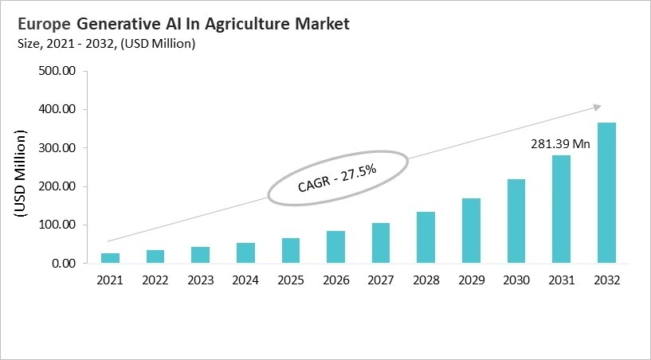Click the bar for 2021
pyautogui.click(x=110, y=258)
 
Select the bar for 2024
pyautogui.click(x=246, y=253)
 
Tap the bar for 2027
pyautogui.click(x=381, y=243)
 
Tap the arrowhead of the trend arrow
pyautogui.click(x=595, y=107)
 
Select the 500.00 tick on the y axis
pyautogui.click(x=57, y=71)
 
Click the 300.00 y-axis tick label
pyautogui.click(x=57, y=148)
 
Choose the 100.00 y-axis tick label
pyautogui.click(x=57, y=225)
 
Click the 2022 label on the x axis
pyautogui.click(x=155, y=280)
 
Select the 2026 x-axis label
pyautogui.click(x=336, y=280)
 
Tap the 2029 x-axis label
pyautogui.click(x=472, y=280)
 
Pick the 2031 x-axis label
pyautogui.click(x=562, y=280)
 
